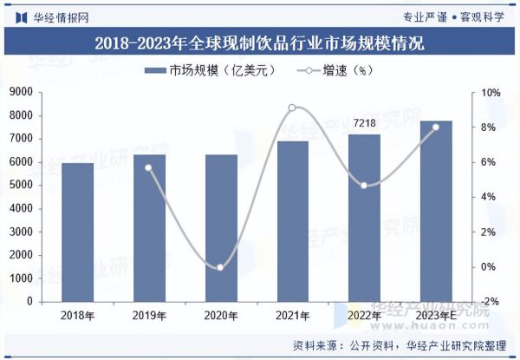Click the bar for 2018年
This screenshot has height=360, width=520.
77,232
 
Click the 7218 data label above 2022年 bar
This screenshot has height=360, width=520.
364,124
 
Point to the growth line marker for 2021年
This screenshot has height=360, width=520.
292,108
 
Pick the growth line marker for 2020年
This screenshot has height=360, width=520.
220,267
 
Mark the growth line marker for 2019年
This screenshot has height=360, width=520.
148,167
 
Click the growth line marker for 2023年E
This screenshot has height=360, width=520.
435,128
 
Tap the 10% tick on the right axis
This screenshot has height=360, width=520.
490,93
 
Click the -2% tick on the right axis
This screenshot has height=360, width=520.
490,301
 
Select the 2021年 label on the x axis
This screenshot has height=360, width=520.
292,316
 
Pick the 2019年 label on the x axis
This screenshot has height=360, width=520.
148,316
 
